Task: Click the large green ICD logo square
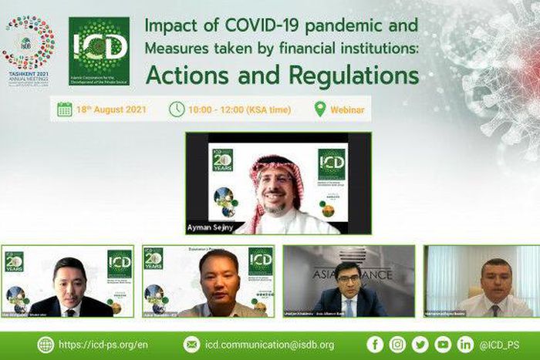99,51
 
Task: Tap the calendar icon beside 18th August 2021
65,109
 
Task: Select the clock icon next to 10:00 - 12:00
177,109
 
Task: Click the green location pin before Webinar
320,109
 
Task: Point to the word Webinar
347,110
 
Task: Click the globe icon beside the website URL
46,345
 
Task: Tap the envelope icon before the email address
192,345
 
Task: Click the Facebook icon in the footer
375,345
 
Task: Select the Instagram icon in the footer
397,345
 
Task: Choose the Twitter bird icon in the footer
420,345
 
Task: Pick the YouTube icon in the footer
443,345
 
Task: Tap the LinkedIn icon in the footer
465,345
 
